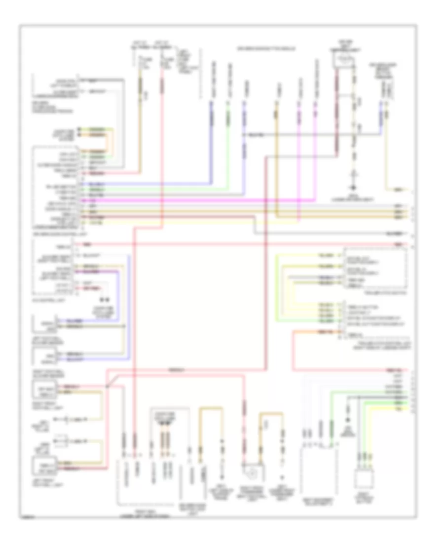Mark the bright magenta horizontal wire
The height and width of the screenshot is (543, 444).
tap(197, 201)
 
